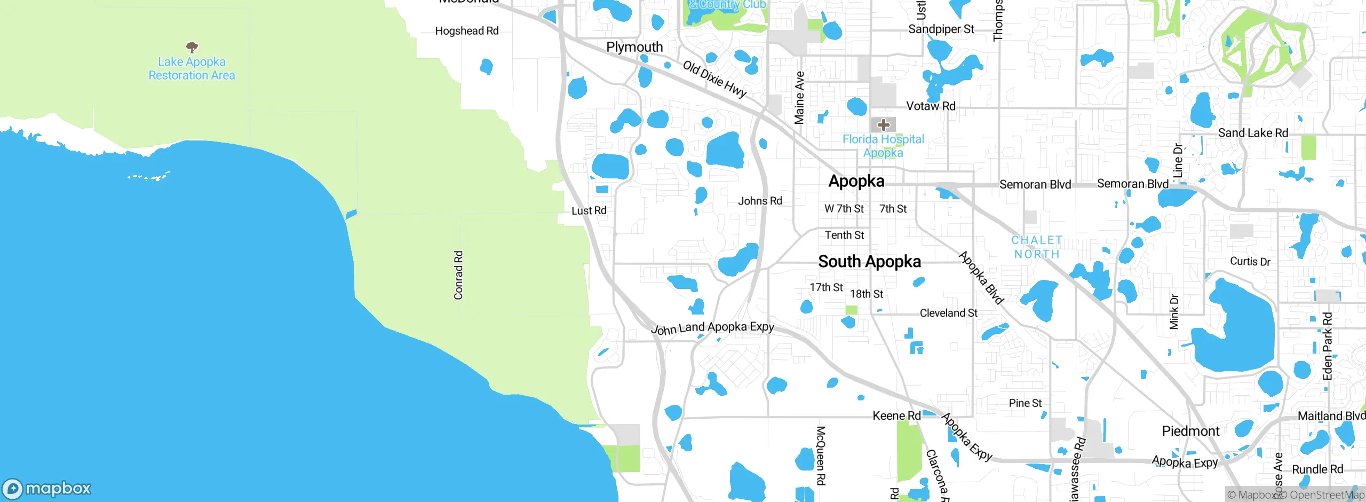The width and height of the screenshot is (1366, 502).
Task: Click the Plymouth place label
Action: pos(634,47)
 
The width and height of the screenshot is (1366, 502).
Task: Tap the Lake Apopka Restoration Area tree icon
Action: pos(192,47)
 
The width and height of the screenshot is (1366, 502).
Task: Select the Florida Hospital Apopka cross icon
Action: pos(884,125)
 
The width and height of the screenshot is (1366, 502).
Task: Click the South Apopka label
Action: pos(869,262)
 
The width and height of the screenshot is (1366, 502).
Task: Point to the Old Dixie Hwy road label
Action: pos(714,79)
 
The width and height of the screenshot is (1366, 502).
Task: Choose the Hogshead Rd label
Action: pos(467,31)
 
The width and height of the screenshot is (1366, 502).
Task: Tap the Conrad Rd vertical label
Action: pos(458,275)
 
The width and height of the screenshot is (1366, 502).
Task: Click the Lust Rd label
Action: pos(589,210)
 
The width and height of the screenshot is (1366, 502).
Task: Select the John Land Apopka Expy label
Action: pos(712,327)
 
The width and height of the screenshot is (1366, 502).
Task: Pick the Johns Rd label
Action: pos(760,201)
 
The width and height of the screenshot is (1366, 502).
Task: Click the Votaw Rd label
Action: pos(931,106)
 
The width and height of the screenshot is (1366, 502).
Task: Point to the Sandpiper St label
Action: pos(941,29)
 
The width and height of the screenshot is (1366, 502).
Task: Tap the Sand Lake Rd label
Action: pos(1253,133)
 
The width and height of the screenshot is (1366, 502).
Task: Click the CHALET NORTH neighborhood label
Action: pos(1037,247)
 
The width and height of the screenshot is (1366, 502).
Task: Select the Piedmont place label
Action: pos(1190,431)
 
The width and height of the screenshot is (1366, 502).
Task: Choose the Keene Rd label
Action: pos(896,415)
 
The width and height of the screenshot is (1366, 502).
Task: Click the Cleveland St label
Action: pos(948,313)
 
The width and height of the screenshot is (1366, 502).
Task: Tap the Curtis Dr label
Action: pos(1250,261)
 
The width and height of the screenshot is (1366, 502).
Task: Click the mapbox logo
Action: pos(47,488)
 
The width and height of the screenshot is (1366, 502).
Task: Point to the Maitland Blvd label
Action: pos(1331,415)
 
